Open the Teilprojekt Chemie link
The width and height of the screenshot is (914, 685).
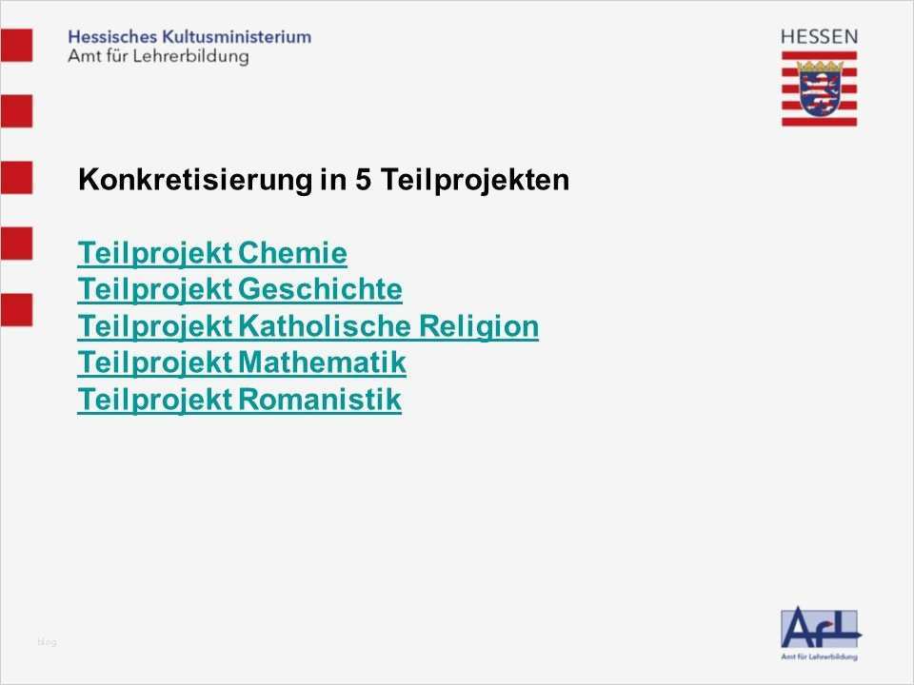pyautogui.click(x=212, y=253)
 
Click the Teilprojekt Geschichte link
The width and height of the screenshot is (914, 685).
pyautogui.click(x=240, y=289)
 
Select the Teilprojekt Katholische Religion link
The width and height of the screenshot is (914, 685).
pyautogui.click(x=308, y=326)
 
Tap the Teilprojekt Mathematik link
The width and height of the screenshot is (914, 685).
pyautogui.click(x=241, y=362)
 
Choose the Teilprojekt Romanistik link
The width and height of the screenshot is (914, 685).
pyautogui.click(x=239, y=400)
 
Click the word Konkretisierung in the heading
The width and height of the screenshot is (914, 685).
pyautogui.click(x=195, y=180)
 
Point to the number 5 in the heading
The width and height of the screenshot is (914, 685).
pyautogui.click(x=363, y=180)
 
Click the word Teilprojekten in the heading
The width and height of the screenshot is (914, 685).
pyautogui.click(x=475, y=180)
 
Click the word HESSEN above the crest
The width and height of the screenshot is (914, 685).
pyautogui.click(x=819, y=37)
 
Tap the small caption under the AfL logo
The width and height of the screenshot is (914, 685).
pyautogui.click(x=819, y=656)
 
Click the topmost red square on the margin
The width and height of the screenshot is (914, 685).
pyautogui.click(x=16, y=45)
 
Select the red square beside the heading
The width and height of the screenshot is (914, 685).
pyautogui.click(x=16, y=178)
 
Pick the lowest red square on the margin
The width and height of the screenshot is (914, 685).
pyautogui.click(x=16, y=310)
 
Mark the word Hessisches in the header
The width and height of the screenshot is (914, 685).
pyautogui.click(x=112, y=37)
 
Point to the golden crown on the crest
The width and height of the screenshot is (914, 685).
pyautogui.click(x=820, y=67)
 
